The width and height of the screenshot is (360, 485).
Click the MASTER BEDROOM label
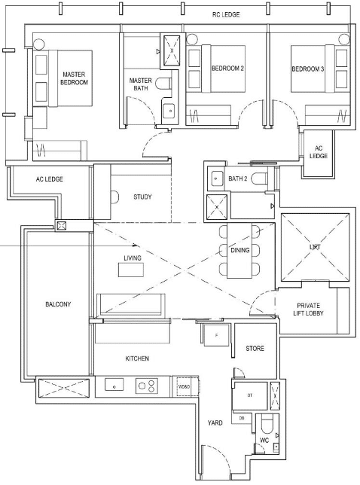(74, 78)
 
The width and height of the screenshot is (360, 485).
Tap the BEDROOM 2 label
(227, 68)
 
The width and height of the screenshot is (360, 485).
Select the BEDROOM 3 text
(308, 69)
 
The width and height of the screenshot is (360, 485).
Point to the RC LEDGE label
(226, 14)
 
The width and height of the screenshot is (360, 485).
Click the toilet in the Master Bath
(163, 84)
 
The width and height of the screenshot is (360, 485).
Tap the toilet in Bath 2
(259, 178)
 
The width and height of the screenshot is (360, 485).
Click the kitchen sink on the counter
(114, 385)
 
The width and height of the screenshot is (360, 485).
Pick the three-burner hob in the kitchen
(147, 386)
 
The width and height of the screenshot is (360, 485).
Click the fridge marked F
(216, 335)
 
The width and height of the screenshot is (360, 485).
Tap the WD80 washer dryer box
(185, 386)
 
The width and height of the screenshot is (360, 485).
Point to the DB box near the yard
(242, 418)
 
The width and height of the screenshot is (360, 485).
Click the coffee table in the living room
(131, 270)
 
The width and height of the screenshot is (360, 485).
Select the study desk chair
(114, 197)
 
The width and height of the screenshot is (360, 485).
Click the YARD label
(215, 422)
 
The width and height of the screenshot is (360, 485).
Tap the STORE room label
(255, 349)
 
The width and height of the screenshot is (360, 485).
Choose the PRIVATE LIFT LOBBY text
(308, 310)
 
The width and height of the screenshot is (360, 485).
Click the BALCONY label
(58, 304)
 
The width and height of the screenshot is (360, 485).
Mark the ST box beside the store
(250, 395)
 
